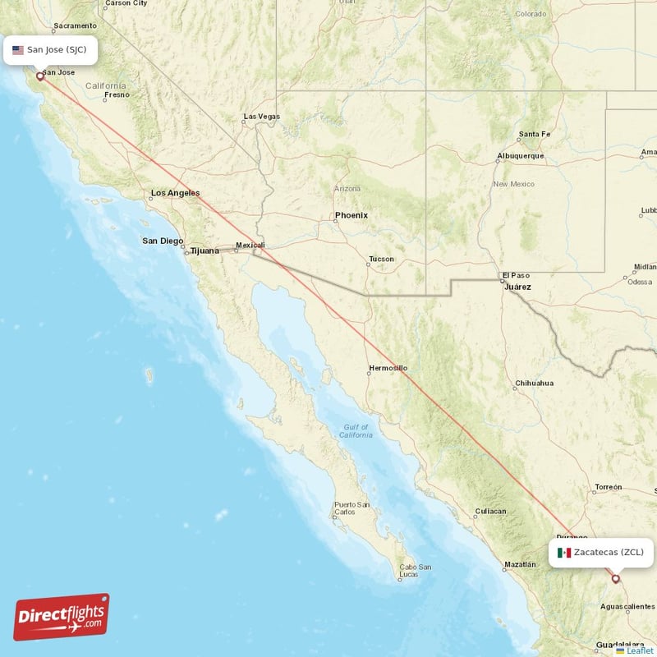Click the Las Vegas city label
(x=261, y=117)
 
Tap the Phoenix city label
(x=351, y=215)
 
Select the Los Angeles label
(x=174, y=193)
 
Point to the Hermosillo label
(x=388, y=368)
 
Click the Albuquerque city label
(x=520, y=156)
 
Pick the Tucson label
(x=381, y=260)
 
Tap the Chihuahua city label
(x=534, y=383)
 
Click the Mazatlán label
(x=521, y=565)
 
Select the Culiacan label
(x=489, y=512)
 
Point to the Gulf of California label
(x=357, y=430)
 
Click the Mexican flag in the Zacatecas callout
(x=563, y=553)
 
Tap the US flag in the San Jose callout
(x=18, y=50)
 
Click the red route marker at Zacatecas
(x=616, y=578)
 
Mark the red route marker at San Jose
(x=39, y=76)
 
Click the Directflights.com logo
(x=62, y=617)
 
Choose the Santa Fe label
(x=534, y=134)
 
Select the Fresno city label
(x=117, y=94)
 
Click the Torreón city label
(x=609, y=487)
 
